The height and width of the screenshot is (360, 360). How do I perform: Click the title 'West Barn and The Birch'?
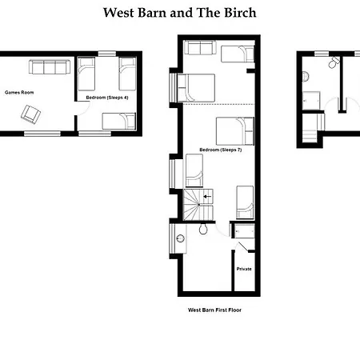[x=179, y=13]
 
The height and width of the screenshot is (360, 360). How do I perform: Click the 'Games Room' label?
[x=17, y=92]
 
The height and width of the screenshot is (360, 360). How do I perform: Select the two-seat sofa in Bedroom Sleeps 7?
[x=198, y=49]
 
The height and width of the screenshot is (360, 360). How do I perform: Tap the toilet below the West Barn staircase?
[x=205, y=229]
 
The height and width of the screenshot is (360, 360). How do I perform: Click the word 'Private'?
[x=244, y=269]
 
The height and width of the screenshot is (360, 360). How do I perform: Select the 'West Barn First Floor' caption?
[x=214, y=309]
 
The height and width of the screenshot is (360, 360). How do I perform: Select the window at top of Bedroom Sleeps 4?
[x=106, y=53]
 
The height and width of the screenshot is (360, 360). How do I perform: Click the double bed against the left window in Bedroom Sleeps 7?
[x=196, y=86]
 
